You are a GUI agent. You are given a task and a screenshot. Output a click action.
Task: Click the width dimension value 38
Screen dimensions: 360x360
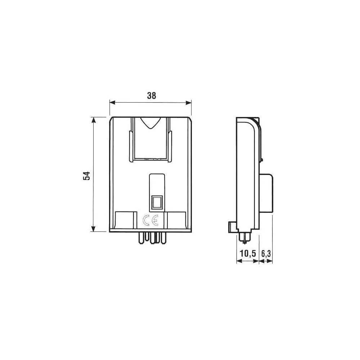coord(152,95)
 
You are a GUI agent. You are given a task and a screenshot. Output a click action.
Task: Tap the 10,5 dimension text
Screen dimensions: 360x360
coord(248,253)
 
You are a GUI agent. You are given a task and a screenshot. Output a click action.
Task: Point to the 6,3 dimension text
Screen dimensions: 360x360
coord(266,253)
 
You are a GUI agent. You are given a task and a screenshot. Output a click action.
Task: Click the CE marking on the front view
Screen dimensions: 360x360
coord(150,220)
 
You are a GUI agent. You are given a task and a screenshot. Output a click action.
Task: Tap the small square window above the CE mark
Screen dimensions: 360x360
coord(157,202)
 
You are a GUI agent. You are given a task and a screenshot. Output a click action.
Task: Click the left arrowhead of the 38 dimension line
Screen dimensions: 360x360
coord(112,103)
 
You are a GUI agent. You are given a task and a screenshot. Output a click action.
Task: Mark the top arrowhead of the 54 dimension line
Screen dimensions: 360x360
coord(94,120)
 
